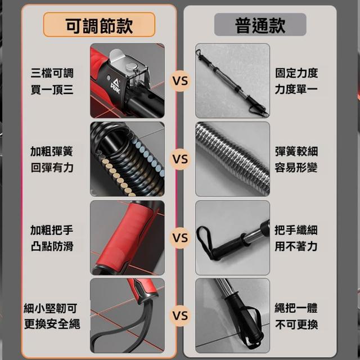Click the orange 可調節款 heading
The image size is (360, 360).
99,25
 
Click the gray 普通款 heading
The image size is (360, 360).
260,25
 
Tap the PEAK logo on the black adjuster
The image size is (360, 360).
115,86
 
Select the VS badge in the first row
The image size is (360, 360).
180,81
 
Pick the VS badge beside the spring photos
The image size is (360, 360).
180,159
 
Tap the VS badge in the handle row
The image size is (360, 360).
180,238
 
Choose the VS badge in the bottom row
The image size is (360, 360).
180,316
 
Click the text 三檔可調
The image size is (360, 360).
52,73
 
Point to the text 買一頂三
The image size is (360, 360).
52,89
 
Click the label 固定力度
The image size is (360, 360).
296,73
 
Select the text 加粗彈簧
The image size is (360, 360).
52,151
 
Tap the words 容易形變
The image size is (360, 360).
296,168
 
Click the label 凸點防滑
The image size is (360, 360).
52,246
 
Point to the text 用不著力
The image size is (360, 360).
296,246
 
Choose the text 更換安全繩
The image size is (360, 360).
52,324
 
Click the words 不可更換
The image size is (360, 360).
296,325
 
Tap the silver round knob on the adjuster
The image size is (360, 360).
132,67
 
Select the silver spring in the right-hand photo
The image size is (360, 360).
232,159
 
